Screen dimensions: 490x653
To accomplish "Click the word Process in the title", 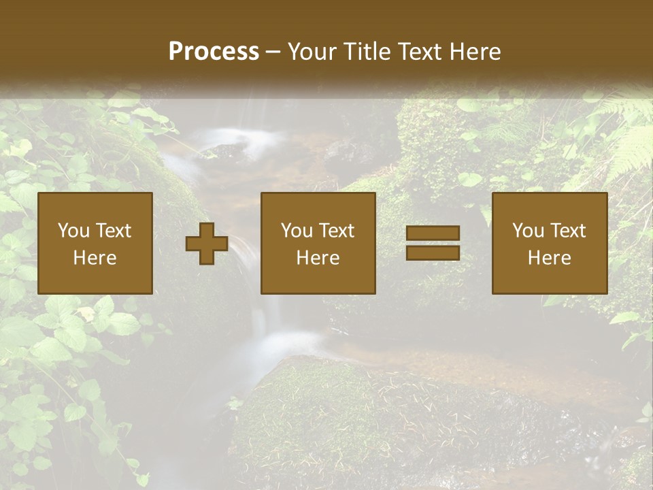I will (x=214, y=52).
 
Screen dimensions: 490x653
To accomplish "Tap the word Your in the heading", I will (x=312, y=52).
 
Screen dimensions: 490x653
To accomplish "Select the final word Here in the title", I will (x=475, y=52).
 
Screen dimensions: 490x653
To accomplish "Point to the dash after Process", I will (x=273, y=52).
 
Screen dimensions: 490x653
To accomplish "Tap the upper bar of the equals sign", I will (x=433, y=233).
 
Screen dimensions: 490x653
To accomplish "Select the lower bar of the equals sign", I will (x=433, y=253).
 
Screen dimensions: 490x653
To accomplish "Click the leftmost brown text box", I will (x=95, y=243).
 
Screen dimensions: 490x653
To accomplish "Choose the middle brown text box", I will (x=318, y=243).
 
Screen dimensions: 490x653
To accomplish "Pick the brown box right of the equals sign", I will (x=550, y=243).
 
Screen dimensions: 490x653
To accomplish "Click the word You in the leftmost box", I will (x=73, y=231).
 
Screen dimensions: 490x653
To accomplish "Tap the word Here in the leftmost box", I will (x=95, y=258).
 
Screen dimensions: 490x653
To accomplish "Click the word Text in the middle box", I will (x=337, y=231).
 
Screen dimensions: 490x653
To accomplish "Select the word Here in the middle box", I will (x=318, y=258).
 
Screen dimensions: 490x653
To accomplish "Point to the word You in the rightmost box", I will (x=528, y=231).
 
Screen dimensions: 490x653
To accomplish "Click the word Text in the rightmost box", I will (x=568, y=231).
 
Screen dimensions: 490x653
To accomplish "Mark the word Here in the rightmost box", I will (x=550, y=258).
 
